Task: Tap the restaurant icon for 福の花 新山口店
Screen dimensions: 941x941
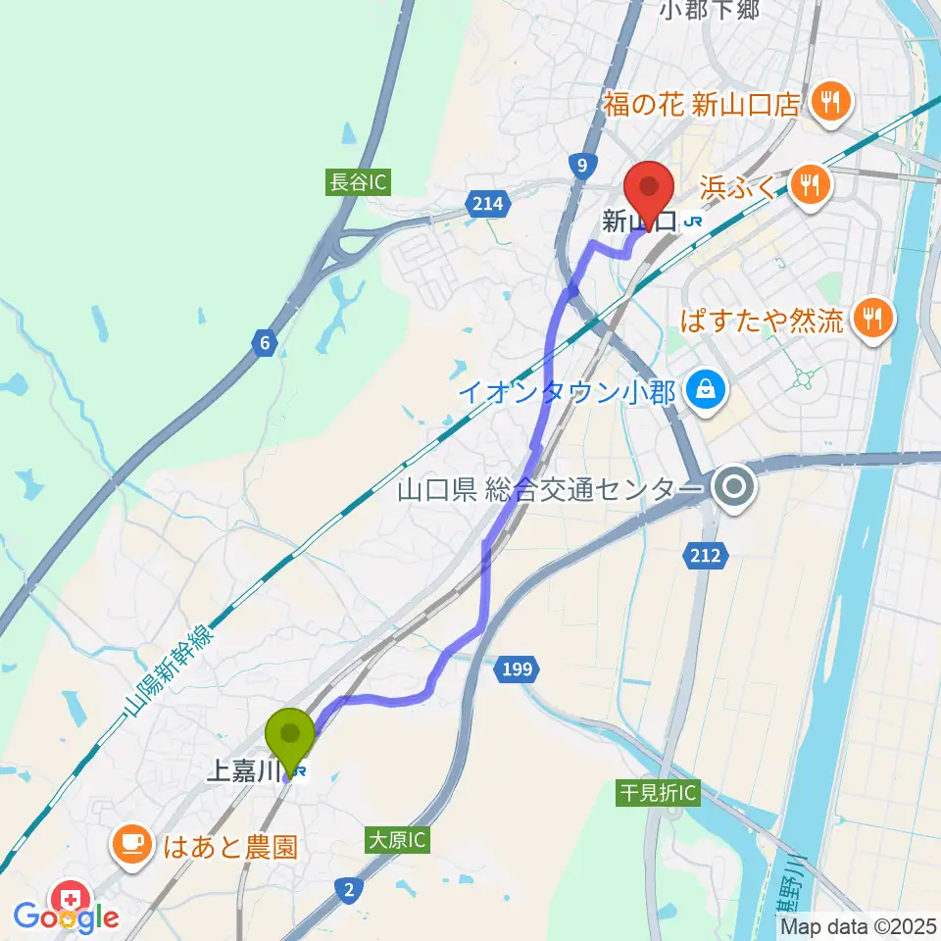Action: [830, 101]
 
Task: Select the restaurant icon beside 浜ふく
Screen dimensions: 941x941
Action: [809, 183]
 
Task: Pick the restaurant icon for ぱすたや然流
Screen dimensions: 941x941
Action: [868, 318]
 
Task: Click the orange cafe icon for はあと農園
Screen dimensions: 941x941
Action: [130, 844]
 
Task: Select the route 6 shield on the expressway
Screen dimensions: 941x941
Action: [263, 343]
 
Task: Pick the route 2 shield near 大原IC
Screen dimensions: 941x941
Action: [349, 889]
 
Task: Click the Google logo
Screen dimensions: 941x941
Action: [67, 916]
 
